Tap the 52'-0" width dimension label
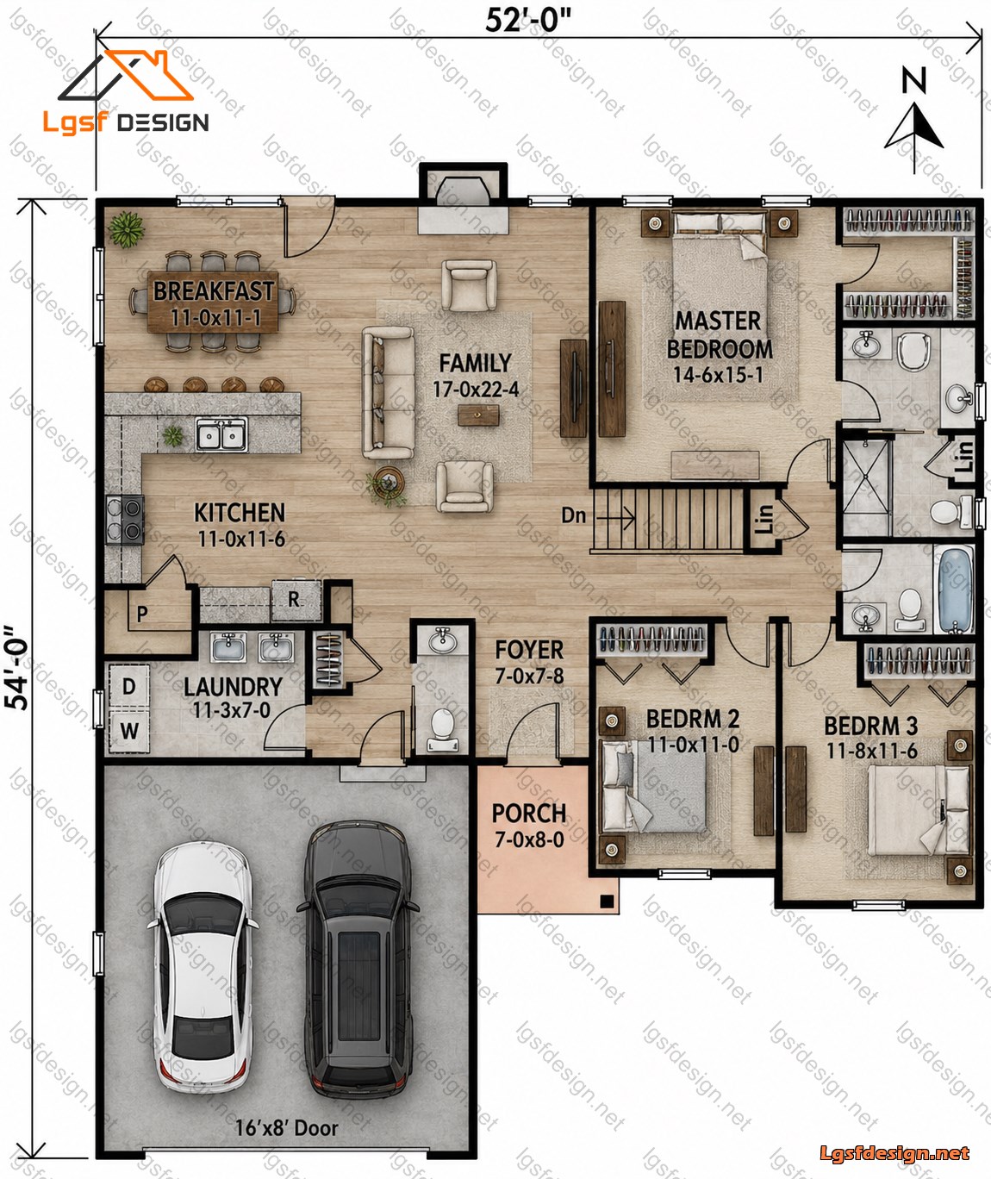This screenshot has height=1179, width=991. click(528, 22)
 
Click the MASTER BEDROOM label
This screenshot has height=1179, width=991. click(720, 335)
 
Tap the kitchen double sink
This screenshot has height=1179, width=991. click(221, 434)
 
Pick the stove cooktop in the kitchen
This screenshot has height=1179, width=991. click(125, 520)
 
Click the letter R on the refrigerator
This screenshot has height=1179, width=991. click(294, 599)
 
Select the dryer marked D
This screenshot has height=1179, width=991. click(129, 686)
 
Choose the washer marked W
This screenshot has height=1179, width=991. click(129, 731)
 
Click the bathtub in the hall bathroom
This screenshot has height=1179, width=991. click(954, 589)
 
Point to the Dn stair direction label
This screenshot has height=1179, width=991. click(573, 515)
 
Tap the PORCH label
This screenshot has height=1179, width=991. click(529, 814)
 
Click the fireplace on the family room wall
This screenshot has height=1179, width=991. click(463, 198)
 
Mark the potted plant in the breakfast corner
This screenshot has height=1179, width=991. click(127, 229)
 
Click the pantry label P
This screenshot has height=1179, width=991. click(142, 614)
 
